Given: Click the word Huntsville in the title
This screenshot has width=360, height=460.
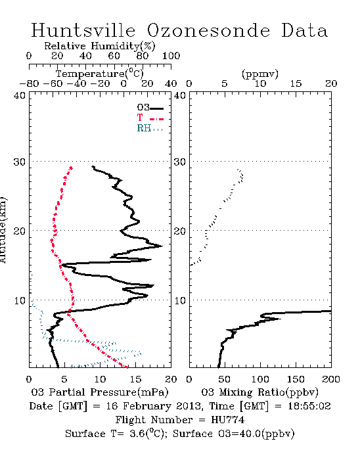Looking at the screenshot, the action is pyautogui.click(x=83, y=30).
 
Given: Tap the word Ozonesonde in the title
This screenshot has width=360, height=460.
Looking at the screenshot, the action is pyautogui.click(x=208, y=30).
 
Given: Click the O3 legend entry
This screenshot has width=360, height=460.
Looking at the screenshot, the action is pyautogui.click(x=150, y=108).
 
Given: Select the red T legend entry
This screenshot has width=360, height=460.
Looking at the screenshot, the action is pyautogui.click(x=150, y=118).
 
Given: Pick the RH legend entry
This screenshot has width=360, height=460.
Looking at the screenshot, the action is pyautogui.click(x=150, y=128).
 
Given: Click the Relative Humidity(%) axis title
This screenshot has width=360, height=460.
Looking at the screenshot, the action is pyautogui.click(x=100, y=46).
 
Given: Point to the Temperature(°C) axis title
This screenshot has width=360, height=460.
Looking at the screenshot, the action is pyautogui.click(x=100, y=74).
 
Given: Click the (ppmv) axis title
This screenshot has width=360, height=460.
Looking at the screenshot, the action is pyautogui.click(x=260, y=74).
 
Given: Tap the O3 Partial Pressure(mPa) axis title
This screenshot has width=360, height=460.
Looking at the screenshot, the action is pyautogui.click(x=100, y=392).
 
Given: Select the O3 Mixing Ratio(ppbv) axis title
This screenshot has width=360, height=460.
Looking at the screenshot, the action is pyautogui.click(x=259, y=392).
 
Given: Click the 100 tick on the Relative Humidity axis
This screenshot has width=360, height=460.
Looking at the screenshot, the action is pyautogui.click(x=171, y=56).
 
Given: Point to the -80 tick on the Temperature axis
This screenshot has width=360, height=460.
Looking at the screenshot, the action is pyautogui.click(x=29, y=83).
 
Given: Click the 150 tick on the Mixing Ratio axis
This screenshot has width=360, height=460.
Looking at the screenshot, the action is pyautogui.click(x=296, y=379).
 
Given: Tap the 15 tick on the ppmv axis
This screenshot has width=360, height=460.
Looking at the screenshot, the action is pyautogui.click(x=296, y=83).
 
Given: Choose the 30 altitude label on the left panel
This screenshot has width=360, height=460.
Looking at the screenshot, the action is pyautogui.click(x=19, y=162).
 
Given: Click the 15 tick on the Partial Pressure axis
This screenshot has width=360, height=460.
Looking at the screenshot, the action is pyautogui.click(x=135, y=379).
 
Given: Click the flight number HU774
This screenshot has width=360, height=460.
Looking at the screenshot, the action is pyautogui.click(x=227, y=420).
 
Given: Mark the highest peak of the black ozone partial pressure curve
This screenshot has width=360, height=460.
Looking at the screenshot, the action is pyautogui.click(x=162, y=246).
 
